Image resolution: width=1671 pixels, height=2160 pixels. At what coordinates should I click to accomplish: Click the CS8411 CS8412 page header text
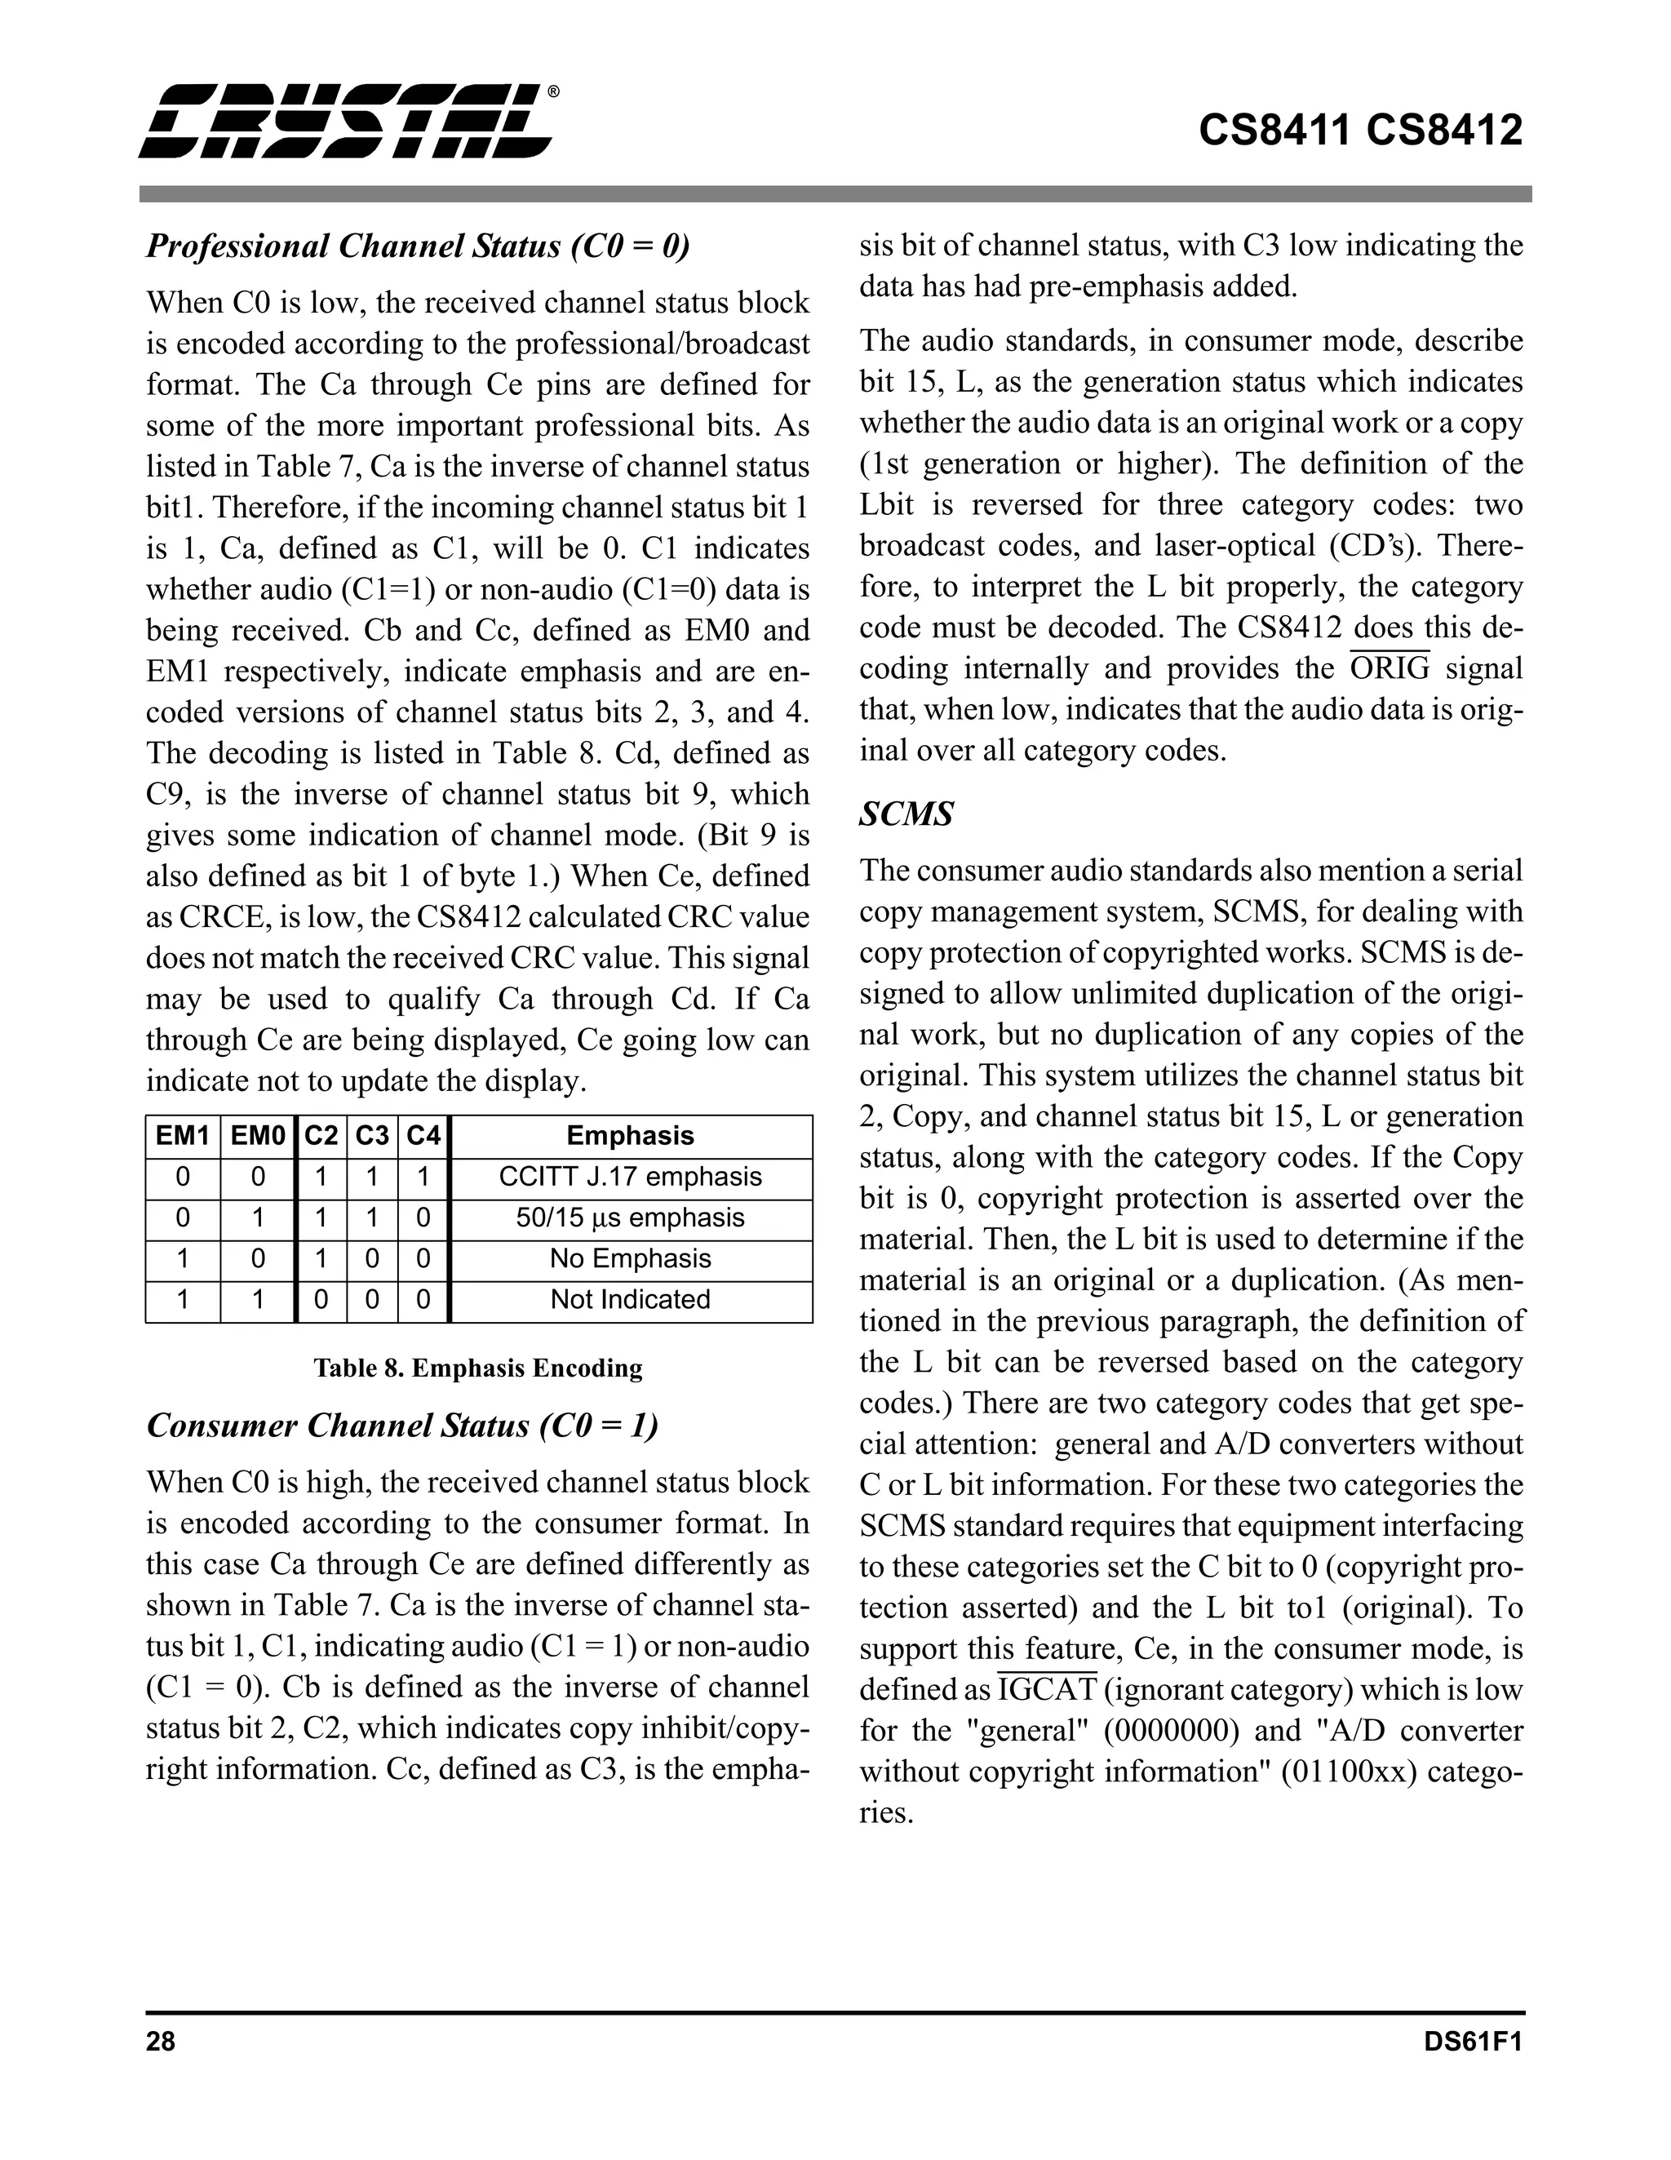(x=1359, y=131)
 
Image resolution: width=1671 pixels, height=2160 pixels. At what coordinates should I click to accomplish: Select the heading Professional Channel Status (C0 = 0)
(x=417, y=246)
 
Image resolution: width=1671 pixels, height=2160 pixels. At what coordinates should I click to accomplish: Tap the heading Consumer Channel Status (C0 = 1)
(x=402, y=1425)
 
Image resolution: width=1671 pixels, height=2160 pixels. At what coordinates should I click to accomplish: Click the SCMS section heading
(x=906, y=814)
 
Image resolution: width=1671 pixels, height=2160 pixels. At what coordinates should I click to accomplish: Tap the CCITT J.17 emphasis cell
(x=630, y=1177)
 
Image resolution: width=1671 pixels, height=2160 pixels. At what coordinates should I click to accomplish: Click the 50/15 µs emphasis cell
(x=630, y=1217)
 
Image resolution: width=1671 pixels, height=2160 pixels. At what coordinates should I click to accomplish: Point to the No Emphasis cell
(x=630, y=1259)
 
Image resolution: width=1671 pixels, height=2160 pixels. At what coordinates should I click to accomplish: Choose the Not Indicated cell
(x=630, y=1300)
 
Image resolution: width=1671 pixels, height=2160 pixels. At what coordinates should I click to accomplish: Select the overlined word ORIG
(x=1390, y=670)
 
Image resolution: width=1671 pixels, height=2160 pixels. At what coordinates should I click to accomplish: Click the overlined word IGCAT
(x=1047, y=1690)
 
